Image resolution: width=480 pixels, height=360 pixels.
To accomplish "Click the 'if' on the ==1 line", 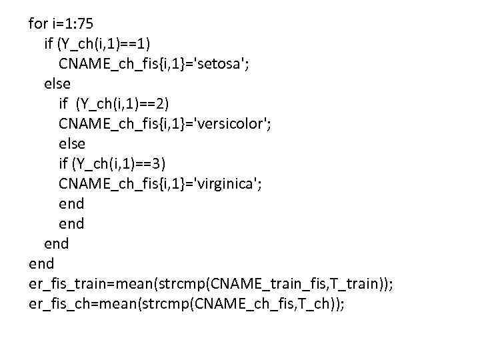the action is (49, 44).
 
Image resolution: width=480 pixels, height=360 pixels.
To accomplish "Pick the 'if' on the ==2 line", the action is (63, 103).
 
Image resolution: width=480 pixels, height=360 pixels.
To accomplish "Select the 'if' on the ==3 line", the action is (63, 163).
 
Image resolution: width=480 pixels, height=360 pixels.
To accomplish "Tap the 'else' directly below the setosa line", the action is (57, 84).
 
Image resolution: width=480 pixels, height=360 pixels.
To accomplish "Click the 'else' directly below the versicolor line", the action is (72, 143).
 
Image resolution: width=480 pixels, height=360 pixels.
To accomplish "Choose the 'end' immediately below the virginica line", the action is (71, 203).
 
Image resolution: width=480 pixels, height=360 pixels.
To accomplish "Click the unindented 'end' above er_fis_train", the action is (41, 263).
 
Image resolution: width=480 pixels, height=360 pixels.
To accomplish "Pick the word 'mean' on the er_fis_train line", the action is (136, 283).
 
